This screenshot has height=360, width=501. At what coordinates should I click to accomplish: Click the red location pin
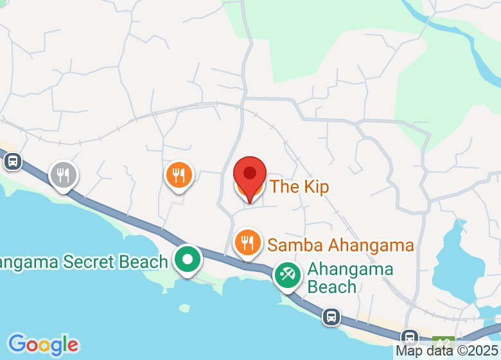click(x=250, y=174)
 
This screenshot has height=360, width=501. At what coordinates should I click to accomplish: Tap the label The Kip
click(x=299, y=187)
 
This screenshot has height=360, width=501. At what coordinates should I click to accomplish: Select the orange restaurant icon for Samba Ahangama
click(x=247, y=242)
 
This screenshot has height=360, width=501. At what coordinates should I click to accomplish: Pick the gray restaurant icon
click(x=63, y=174)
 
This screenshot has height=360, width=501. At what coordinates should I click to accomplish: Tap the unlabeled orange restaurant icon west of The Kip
click(x=179, y=174)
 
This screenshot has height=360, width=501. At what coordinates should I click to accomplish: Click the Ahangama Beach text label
click(x=349, y=278)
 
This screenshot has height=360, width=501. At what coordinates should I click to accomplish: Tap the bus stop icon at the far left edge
click(x=12, y=161)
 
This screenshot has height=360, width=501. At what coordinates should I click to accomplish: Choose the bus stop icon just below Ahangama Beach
click(x=331, y=316)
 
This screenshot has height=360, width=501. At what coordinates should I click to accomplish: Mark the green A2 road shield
click(x=443, y=341)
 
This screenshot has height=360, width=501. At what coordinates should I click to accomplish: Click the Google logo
click(x=43, y=345)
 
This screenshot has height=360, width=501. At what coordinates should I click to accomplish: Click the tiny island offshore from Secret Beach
click(x=184, y=308)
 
